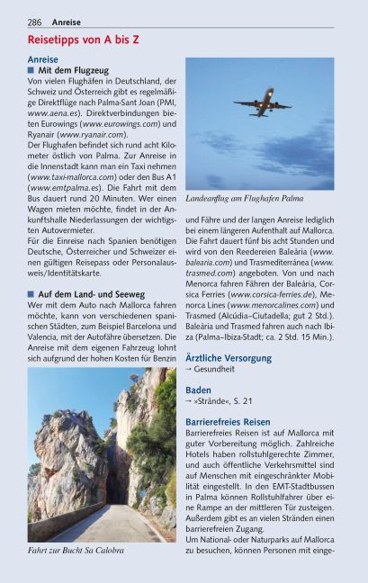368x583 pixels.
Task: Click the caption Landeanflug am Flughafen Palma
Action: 243,198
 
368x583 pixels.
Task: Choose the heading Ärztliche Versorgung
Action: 228,357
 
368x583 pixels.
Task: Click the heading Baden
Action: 199,390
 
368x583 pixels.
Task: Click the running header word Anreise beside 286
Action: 66,21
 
